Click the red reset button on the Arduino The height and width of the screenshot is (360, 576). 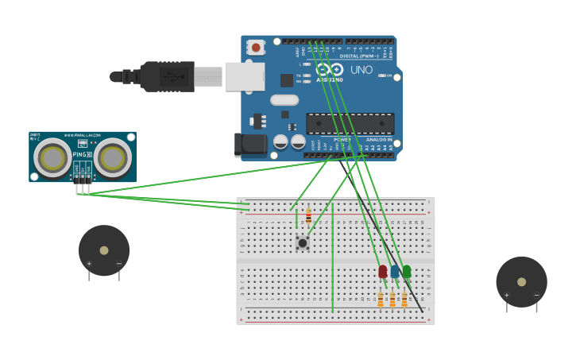click(x=255, y=48)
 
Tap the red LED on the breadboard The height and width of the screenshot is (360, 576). click(x=383, y=272)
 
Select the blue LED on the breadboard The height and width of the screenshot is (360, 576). click(x=395, y=272)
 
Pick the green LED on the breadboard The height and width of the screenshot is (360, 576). click(x=407, y=272)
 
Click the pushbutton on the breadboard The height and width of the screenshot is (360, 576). click(x=302, y=242)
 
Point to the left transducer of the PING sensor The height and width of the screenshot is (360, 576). click(x=52, y=157)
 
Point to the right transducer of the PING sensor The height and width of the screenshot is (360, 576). click(x=112, y=157)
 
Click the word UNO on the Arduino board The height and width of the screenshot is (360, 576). click(x=361, y=70)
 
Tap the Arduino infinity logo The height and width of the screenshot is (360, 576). click(x=329, y=69)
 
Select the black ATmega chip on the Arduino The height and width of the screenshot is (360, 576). click(x=350, y=123)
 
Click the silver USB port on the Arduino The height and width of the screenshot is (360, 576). click(x=244, y=77)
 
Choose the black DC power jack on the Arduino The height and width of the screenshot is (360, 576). click(x=249, y=144)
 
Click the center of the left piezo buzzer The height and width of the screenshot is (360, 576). click(x=104, y=250)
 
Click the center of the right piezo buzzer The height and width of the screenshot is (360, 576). click(x=521, y=281)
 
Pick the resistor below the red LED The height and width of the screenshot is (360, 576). click(x=381, y=299)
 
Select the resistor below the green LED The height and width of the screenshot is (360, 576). click(x=404, y=299)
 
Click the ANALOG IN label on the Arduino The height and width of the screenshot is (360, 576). click(x=378, y=139)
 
